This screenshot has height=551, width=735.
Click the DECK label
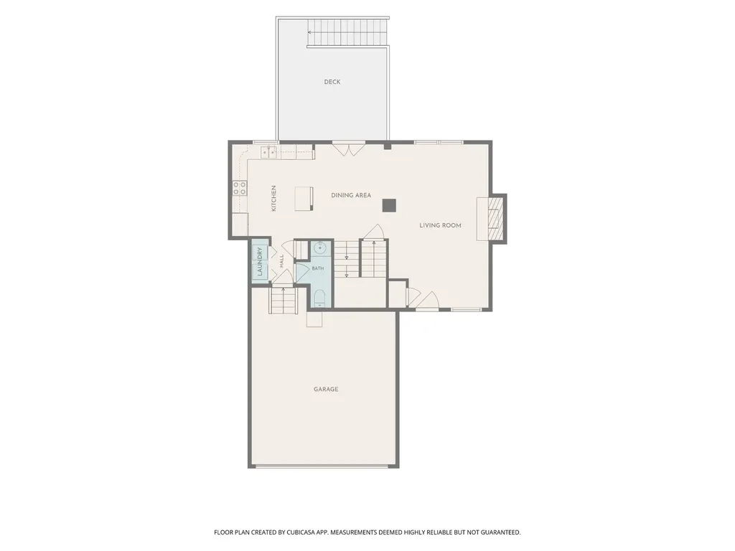coord(332,82)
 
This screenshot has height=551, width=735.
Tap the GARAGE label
coord(326,390)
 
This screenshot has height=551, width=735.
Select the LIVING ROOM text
coord(440,225)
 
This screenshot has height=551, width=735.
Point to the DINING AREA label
coord(351,195)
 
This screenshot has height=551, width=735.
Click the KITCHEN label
coord(273,198)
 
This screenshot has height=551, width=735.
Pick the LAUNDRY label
coord(260,261)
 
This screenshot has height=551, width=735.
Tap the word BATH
coord(318,268)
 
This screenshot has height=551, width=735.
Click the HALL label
coord(281,261)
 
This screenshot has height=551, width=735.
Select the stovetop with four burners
coord(240,189)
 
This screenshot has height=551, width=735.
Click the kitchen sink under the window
coord(269,151)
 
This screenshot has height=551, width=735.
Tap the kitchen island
coord(304,199)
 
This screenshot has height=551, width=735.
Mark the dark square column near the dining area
coord(389,205)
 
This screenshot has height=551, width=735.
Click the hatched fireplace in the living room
coord(494,219)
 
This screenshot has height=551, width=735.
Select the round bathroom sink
coord(320,248)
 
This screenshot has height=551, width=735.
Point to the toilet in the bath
coord(319,298)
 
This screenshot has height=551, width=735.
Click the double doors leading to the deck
coord(348,149)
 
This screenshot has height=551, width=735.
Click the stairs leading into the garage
coord(283,301)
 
